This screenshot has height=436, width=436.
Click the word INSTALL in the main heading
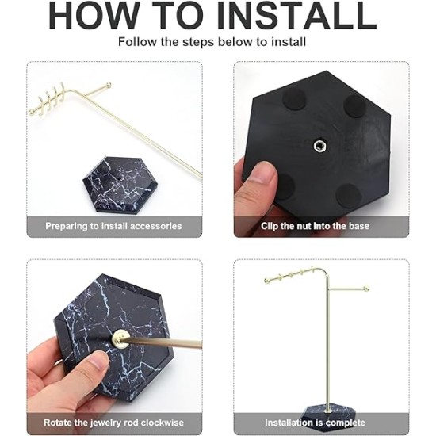point(296,15)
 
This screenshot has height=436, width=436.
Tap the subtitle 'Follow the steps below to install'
point(212,42)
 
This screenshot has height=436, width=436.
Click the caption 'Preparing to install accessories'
point(113,226)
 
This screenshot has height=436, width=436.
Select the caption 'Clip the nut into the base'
point(315,226)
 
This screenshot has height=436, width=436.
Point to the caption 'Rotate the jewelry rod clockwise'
point(113,423)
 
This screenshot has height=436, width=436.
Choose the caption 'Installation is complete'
point(315,423)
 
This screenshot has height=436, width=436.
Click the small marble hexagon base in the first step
point(117,185)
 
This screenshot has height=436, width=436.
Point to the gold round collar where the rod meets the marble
point(120,338)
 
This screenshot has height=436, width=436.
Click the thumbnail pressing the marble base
point(95,361)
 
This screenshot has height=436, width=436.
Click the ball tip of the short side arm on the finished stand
point(366,288)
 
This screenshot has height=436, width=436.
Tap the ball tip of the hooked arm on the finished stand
point(267,281)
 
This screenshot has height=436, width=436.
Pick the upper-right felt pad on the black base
point(355,106)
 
